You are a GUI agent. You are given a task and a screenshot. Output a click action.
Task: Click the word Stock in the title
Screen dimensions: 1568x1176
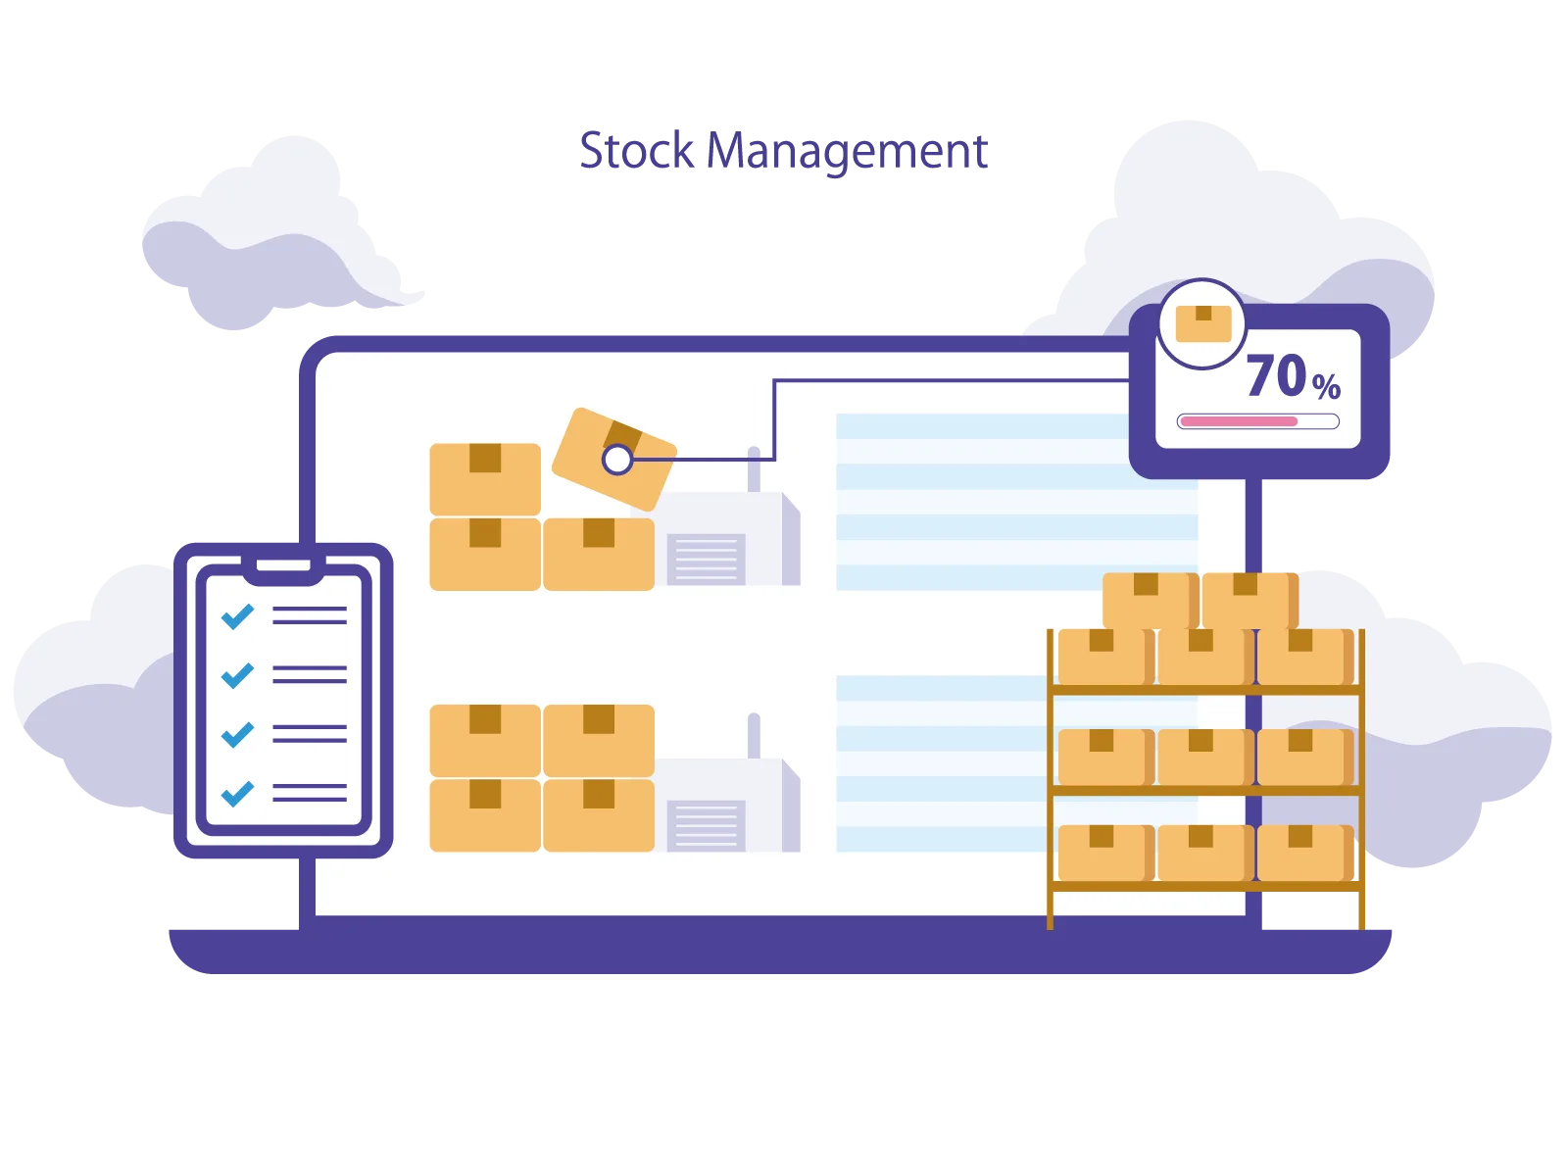click(x=636, y=150)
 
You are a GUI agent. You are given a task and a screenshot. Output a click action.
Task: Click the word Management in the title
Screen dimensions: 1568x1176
click(x=847, y=154)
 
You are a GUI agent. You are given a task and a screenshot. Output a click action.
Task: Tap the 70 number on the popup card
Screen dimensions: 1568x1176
click(x=1276, y=375)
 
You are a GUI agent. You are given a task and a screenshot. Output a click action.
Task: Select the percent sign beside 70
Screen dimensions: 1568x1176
click(x=1326, y=386)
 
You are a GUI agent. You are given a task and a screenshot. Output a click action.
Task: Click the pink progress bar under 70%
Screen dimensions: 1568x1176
click(x=1239, y=421)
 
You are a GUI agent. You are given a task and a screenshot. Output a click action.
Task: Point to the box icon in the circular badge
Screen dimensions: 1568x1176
click(x=1203, y=323)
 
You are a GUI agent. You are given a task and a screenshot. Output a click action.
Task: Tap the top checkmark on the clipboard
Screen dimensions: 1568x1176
click(x=237, y=615)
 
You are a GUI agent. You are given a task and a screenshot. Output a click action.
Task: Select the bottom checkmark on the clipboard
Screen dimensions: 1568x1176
click(x=237, y=793)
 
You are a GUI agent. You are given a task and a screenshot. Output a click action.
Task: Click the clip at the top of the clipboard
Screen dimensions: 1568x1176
click(x=283, y=567)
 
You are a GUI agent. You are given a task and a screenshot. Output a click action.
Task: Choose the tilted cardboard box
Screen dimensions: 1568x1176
click(x=614, y=459)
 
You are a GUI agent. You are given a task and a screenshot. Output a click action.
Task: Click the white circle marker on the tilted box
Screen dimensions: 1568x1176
click(x=617, y=460)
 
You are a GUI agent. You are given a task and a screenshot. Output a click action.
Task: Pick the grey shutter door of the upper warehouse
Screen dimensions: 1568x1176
click(x=706, y=559)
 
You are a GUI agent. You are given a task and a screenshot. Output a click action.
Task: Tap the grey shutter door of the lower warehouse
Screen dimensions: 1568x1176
click(x=706, y=826)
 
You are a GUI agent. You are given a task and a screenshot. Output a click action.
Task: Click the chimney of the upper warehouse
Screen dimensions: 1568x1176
click(x=754, y=469)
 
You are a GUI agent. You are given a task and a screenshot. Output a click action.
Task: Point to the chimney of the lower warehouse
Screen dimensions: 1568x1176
click(x=754, y=735)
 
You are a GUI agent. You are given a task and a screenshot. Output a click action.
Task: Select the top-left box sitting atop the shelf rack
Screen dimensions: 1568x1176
click(x=1151, y=601)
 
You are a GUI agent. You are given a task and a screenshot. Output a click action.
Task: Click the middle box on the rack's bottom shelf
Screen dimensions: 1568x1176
click(x=1205, y=854)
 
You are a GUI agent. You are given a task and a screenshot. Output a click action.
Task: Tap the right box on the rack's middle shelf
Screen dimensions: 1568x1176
click(x=1304, y=757)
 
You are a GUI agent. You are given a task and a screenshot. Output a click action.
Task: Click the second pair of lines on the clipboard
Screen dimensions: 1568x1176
click(x=310, y=675)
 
